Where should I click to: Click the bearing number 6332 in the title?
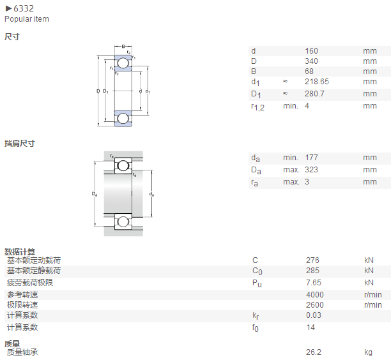[24, 8]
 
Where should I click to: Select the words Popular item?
[27, 19]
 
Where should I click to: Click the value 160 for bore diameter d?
[311, 51]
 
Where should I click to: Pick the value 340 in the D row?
[311, 61]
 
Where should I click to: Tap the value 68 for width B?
[309, 71]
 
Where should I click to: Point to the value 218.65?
[317, 82]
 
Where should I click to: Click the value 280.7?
[314, 94]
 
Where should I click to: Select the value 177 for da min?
[311, 158]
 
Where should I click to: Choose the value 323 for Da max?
[311, 170]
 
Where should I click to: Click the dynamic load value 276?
[312, 260]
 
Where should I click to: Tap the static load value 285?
[312, 271]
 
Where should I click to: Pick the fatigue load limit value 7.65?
[314, 283]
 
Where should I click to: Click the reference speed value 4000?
[315, 295]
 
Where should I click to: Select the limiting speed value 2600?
[315, 305]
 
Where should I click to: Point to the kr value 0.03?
[314, 315]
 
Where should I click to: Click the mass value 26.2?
[314, 352]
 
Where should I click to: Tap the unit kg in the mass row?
[368, 352]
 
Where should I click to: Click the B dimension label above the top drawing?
[123, 47]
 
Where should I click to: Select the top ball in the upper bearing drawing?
[123, 63]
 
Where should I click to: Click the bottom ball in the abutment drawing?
[123, 221]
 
